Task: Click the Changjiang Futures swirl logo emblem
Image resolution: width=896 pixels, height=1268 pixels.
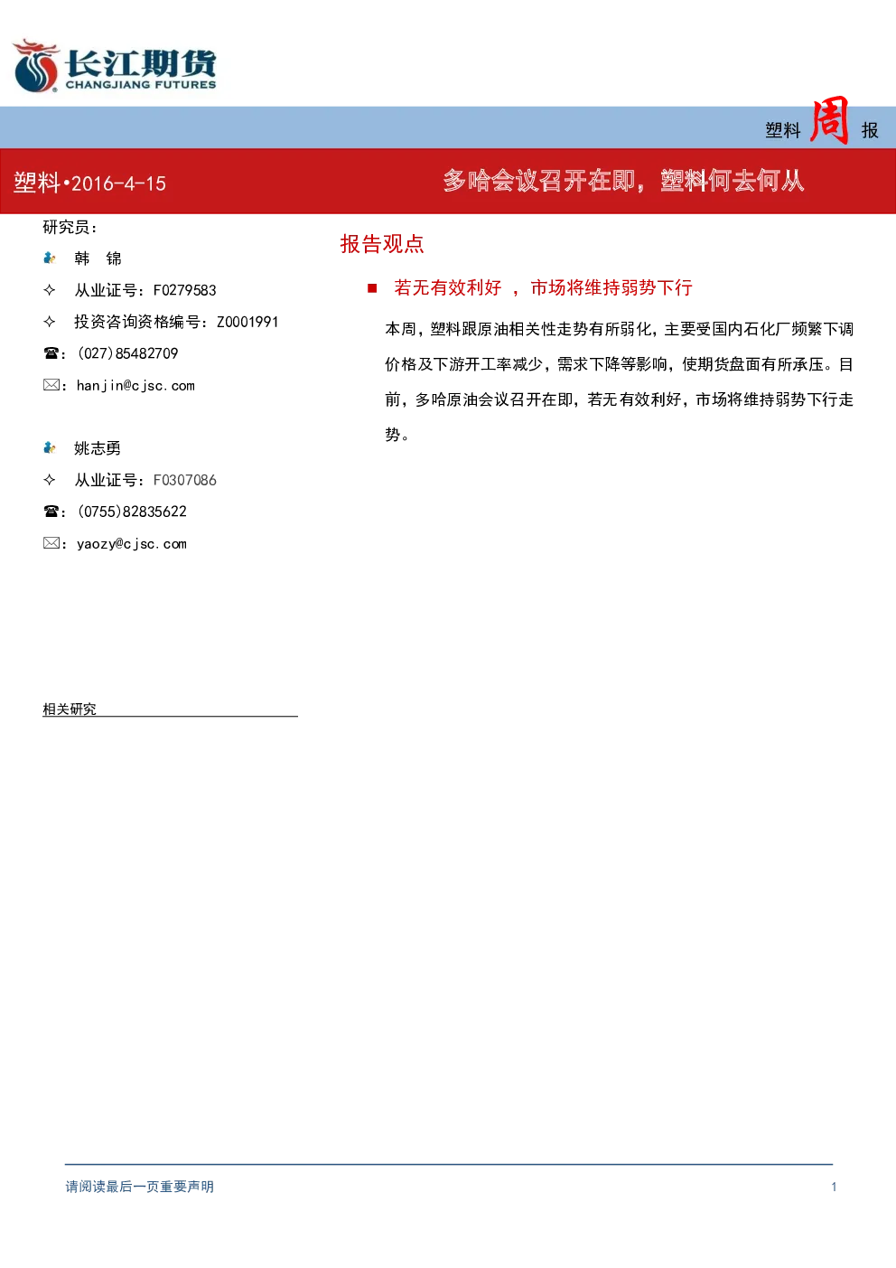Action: tap(35, 66)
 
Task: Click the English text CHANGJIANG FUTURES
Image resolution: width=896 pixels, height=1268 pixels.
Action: tap(141, 84)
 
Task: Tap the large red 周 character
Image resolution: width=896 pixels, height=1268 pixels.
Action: tap(829, 120)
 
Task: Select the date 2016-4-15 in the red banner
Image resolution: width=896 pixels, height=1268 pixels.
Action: tap(119, 183)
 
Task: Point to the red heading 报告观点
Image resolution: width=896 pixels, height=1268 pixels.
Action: tap(382, 244)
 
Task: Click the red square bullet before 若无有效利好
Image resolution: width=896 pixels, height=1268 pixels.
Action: tap(372, 288)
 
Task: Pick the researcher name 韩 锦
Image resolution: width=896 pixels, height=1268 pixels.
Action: tap(98, 258)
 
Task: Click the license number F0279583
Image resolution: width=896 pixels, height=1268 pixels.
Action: tap(184, 290)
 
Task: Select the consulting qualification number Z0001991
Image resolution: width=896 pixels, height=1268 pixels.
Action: tap(247, 322)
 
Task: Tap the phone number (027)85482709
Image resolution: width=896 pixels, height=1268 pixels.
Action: tap(128, 353)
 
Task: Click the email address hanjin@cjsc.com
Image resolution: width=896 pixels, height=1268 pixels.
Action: tap(135, 386)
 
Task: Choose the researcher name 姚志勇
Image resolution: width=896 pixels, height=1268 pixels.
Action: tap(98, 448)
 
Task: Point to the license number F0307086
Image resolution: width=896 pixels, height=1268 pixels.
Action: tap(184, 480)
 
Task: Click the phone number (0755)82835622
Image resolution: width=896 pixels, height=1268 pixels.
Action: tap(132, 512)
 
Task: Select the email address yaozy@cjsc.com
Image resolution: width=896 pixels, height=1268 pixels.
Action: tap(132, 544)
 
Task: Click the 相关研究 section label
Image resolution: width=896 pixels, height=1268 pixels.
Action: tap(70, 709)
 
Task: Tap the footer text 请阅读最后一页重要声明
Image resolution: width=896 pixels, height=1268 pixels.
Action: tap(140, 1187)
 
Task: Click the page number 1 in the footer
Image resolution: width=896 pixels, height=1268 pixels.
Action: tap(834, 1187)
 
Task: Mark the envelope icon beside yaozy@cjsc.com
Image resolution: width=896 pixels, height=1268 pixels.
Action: tap(51, 543)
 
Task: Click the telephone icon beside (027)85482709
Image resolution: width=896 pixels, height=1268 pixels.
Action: tap(51, 353)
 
